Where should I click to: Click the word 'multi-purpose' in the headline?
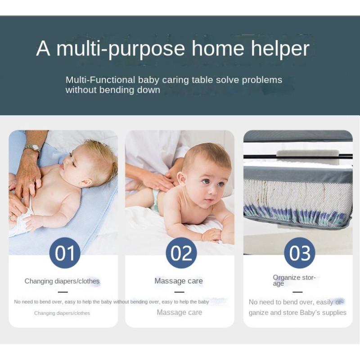121,49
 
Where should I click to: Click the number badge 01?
65,253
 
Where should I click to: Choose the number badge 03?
300,253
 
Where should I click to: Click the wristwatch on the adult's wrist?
32,148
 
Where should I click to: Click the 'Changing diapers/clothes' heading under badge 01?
62,281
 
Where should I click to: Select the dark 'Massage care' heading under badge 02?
179,281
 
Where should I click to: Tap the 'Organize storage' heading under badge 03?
294,280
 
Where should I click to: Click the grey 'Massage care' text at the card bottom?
179,312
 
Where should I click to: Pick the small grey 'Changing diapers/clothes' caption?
62,313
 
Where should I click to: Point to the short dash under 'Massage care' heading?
179,292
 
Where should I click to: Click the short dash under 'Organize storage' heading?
297,292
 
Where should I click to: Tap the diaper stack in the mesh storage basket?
297,200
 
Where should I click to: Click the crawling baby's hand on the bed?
211,235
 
